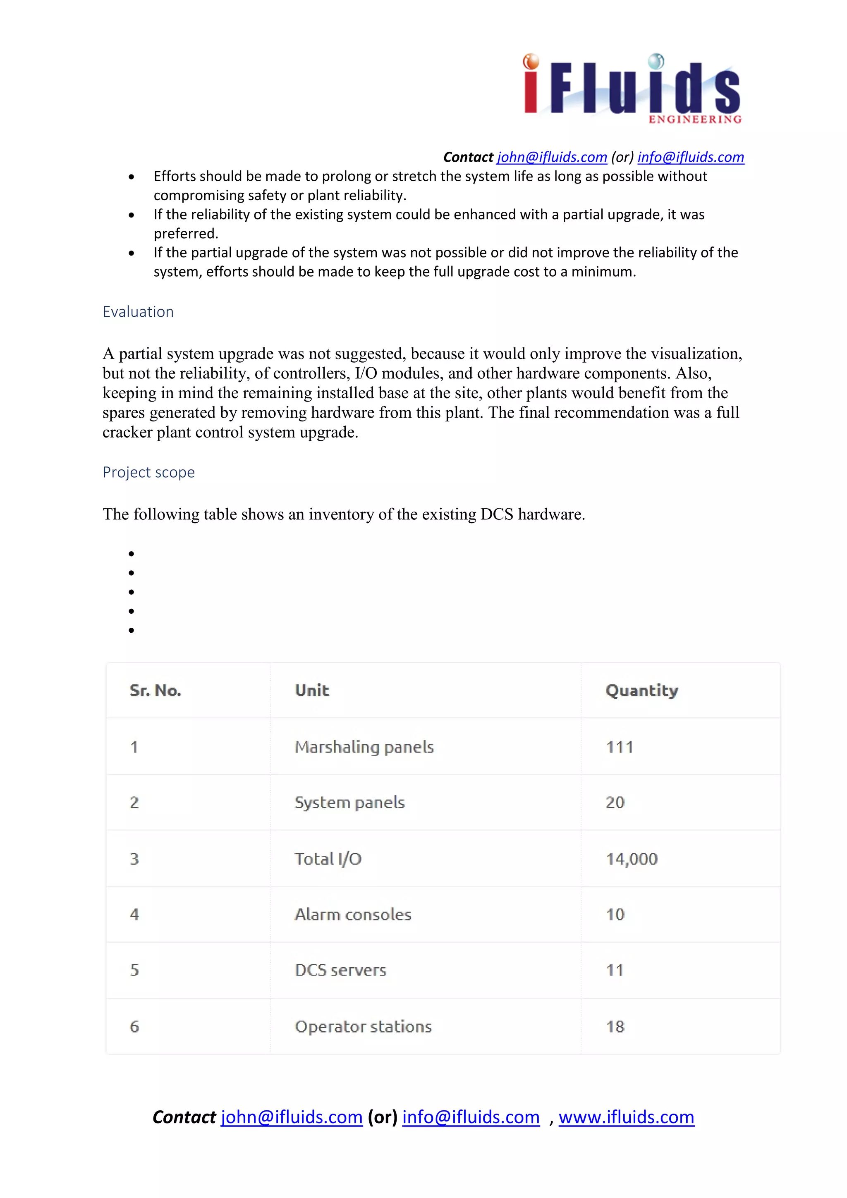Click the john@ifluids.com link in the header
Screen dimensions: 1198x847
(x=552, y=157)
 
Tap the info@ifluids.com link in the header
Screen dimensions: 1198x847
(x=690, y=157)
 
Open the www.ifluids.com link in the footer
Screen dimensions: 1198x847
(x=626, y=1117)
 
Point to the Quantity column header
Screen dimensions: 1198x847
(x=641, y=690)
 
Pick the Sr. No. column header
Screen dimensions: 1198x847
(x=155, y=690)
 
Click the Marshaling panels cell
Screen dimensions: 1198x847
(x=364, y=747)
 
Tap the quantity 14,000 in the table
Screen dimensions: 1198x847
(x=632, y=859)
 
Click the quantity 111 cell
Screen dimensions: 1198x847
(x=620, y=747)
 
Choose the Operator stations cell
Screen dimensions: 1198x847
(x=363, y=1026)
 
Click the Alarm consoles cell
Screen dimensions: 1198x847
(x=353, y=914)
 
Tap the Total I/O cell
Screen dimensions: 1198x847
(x=328, y=859)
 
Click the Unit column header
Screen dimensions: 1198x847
(x=311, y=690)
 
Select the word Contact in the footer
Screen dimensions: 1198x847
(x=184, y=1117)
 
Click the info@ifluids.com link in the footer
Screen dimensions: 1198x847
(x=471, y=1117)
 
